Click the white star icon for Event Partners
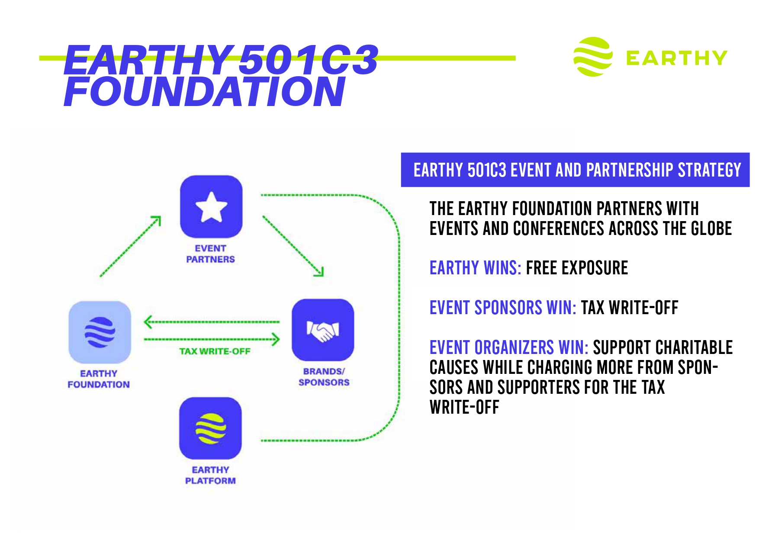point(211,207)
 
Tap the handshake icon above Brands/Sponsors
point(323,330)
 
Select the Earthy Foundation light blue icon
point(100,332)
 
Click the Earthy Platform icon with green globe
point(210,428)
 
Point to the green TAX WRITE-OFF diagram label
point(215,351)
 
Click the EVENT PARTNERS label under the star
point(211,254)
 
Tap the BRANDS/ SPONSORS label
point(324,377)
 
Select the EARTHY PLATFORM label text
point(211,475)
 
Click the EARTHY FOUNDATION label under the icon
point(99,379)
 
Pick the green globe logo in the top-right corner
point(593,57)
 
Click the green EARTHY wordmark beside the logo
point(677,58)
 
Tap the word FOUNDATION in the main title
point(205,91)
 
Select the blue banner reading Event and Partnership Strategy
point(575,170)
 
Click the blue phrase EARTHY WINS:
point(475,268)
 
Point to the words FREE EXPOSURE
point(577,268)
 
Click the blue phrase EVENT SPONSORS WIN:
point(503,308)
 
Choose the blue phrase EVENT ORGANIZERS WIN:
point(509,347)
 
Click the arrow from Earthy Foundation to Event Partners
point(130,246)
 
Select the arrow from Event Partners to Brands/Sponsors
point(293,246)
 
